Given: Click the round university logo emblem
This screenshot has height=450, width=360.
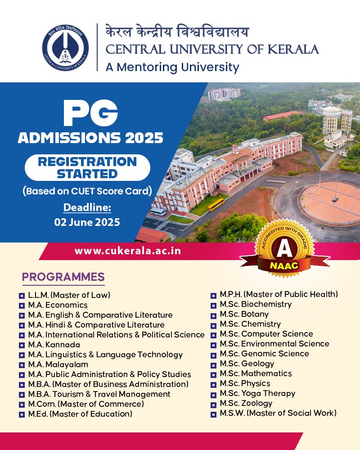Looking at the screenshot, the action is (x=65, y=48).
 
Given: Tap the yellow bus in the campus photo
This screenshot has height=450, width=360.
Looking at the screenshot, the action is (x=216, y=205).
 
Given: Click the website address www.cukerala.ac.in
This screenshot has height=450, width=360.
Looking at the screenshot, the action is (x=128, y=251).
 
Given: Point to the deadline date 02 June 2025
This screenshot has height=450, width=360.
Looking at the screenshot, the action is (x=87, y=222).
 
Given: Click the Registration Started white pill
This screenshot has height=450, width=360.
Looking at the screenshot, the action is (x=87, y=167).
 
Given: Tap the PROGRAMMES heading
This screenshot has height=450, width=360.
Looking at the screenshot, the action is (x=63, y=277).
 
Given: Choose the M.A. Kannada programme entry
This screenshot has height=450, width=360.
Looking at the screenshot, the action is (x=54, y=344).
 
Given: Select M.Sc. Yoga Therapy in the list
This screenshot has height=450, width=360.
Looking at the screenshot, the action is (x=257, y=393).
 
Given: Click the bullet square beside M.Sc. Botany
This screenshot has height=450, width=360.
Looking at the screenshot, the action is (x=213, y=316).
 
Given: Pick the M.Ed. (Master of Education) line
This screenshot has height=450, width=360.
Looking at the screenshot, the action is (x=80, y=414).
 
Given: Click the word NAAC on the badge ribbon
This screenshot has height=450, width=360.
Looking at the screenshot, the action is (x=284, y=265).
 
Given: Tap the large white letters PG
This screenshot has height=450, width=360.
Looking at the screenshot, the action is (x=91, y=113).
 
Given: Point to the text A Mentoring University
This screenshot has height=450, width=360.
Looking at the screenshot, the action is (x=172, y=67).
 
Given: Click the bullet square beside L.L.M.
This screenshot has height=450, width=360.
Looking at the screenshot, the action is (x=22, y=296).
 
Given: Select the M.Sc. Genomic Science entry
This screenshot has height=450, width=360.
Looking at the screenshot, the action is (x=265, y=354).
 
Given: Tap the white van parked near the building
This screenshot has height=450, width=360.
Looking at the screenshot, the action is (x=158, y=212).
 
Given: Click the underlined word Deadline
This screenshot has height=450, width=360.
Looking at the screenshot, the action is (x=87, y=207).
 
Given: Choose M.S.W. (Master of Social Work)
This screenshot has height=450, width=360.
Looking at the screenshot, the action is (x=278, y=413).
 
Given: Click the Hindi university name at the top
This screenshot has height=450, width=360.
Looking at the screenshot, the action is (x=177, y=31).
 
